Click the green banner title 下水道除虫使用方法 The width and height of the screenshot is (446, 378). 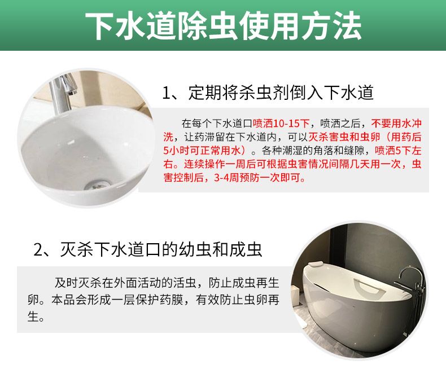point(224,26)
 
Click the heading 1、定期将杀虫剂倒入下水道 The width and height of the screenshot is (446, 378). point(268,93)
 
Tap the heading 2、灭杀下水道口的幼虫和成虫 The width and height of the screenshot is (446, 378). point(147,249)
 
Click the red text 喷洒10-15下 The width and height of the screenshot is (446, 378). point(281,124)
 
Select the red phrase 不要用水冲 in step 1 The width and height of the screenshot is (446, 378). point(396,124)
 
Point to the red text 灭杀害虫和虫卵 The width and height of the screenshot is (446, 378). point(344,137)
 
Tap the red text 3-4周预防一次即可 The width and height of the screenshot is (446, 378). point(259,178)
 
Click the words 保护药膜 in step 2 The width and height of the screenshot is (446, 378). point(159,300)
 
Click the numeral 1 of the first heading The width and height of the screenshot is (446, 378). point(166,93)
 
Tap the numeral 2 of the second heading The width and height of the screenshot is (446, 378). point(38,250)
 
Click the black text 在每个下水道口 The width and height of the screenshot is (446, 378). point(217,124)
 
